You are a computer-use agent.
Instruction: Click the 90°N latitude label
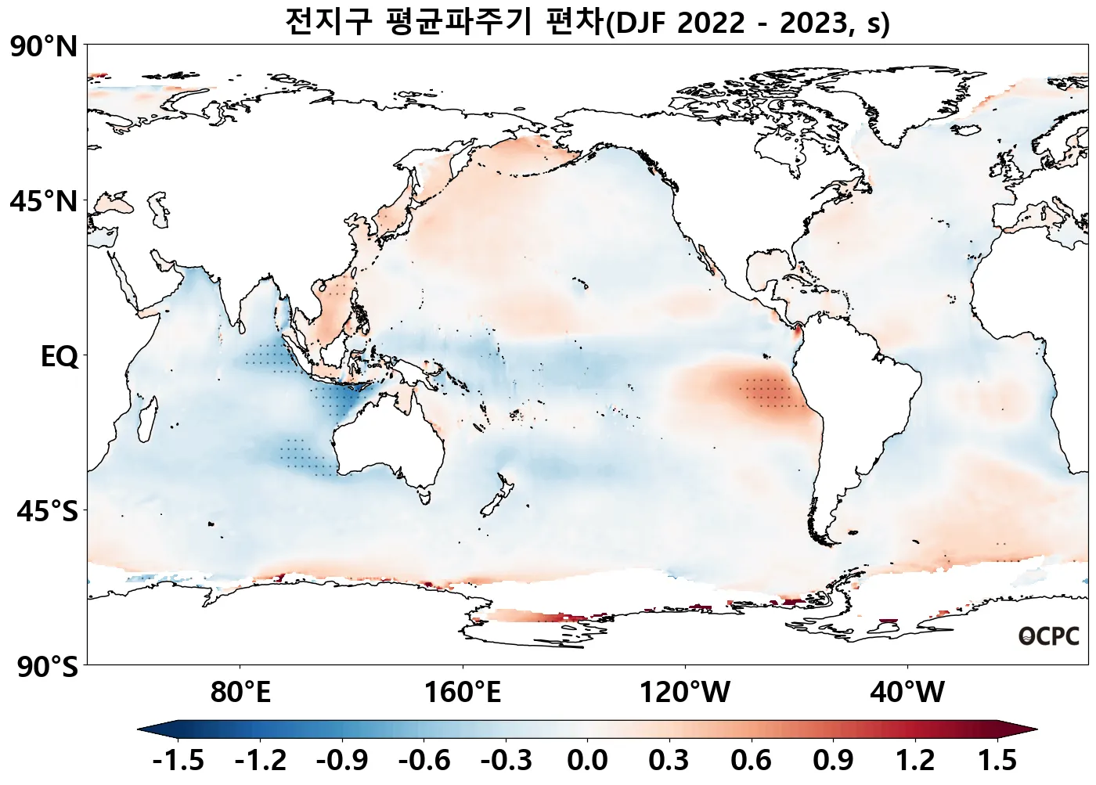click(x=44, y=47)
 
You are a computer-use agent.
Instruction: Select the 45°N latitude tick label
click(x=44, y=201)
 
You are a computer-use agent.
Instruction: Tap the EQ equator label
click(x=59, y=357)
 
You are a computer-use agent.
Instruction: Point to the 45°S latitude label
click(x=47, y=512)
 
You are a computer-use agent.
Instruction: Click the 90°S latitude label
click(x=47, y=668)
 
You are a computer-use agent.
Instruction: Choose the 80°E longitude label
click(x=240, y=692)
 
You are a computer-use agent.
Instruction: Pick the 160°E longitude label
click(x=463, y=692)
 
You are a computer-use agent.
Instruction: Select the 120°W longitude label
click(x=685, y=692)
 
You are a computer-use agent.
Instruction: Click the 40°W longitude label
click(x=907, y=692)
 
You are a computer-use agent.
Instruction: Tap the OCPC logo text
click(x=1049, y=636)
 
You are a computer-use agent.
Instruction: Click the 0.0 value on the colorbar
click(x=587, y=760)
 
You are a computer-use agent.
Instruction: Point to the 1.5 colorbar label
click(x=997, y=760)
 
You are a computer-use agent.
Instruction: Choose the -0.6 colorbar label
click(x=424, y=760)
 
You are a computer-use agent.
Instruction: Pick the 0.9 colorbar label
click(x=833, y=760)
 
